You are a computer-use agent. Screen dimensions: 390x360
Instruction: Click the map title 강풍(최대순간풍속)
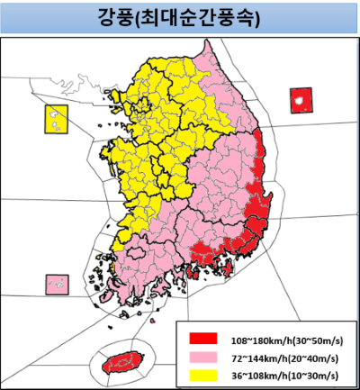tap(179, 17)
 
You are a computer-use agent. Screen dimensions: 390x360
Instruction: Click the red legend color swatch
tap(203, 339)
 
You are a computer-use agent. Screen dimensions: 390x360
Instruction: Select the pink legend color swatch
tap(203, 356)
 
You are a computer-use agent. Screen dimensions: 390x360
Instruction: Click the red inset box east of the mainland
tap(301, 99)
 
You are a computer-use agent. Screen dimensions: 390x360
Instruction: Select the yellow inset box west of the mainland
tap(57, 118)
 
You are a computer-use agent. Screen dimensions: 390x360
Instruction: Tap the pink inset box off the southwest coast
tap(57, 286)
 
